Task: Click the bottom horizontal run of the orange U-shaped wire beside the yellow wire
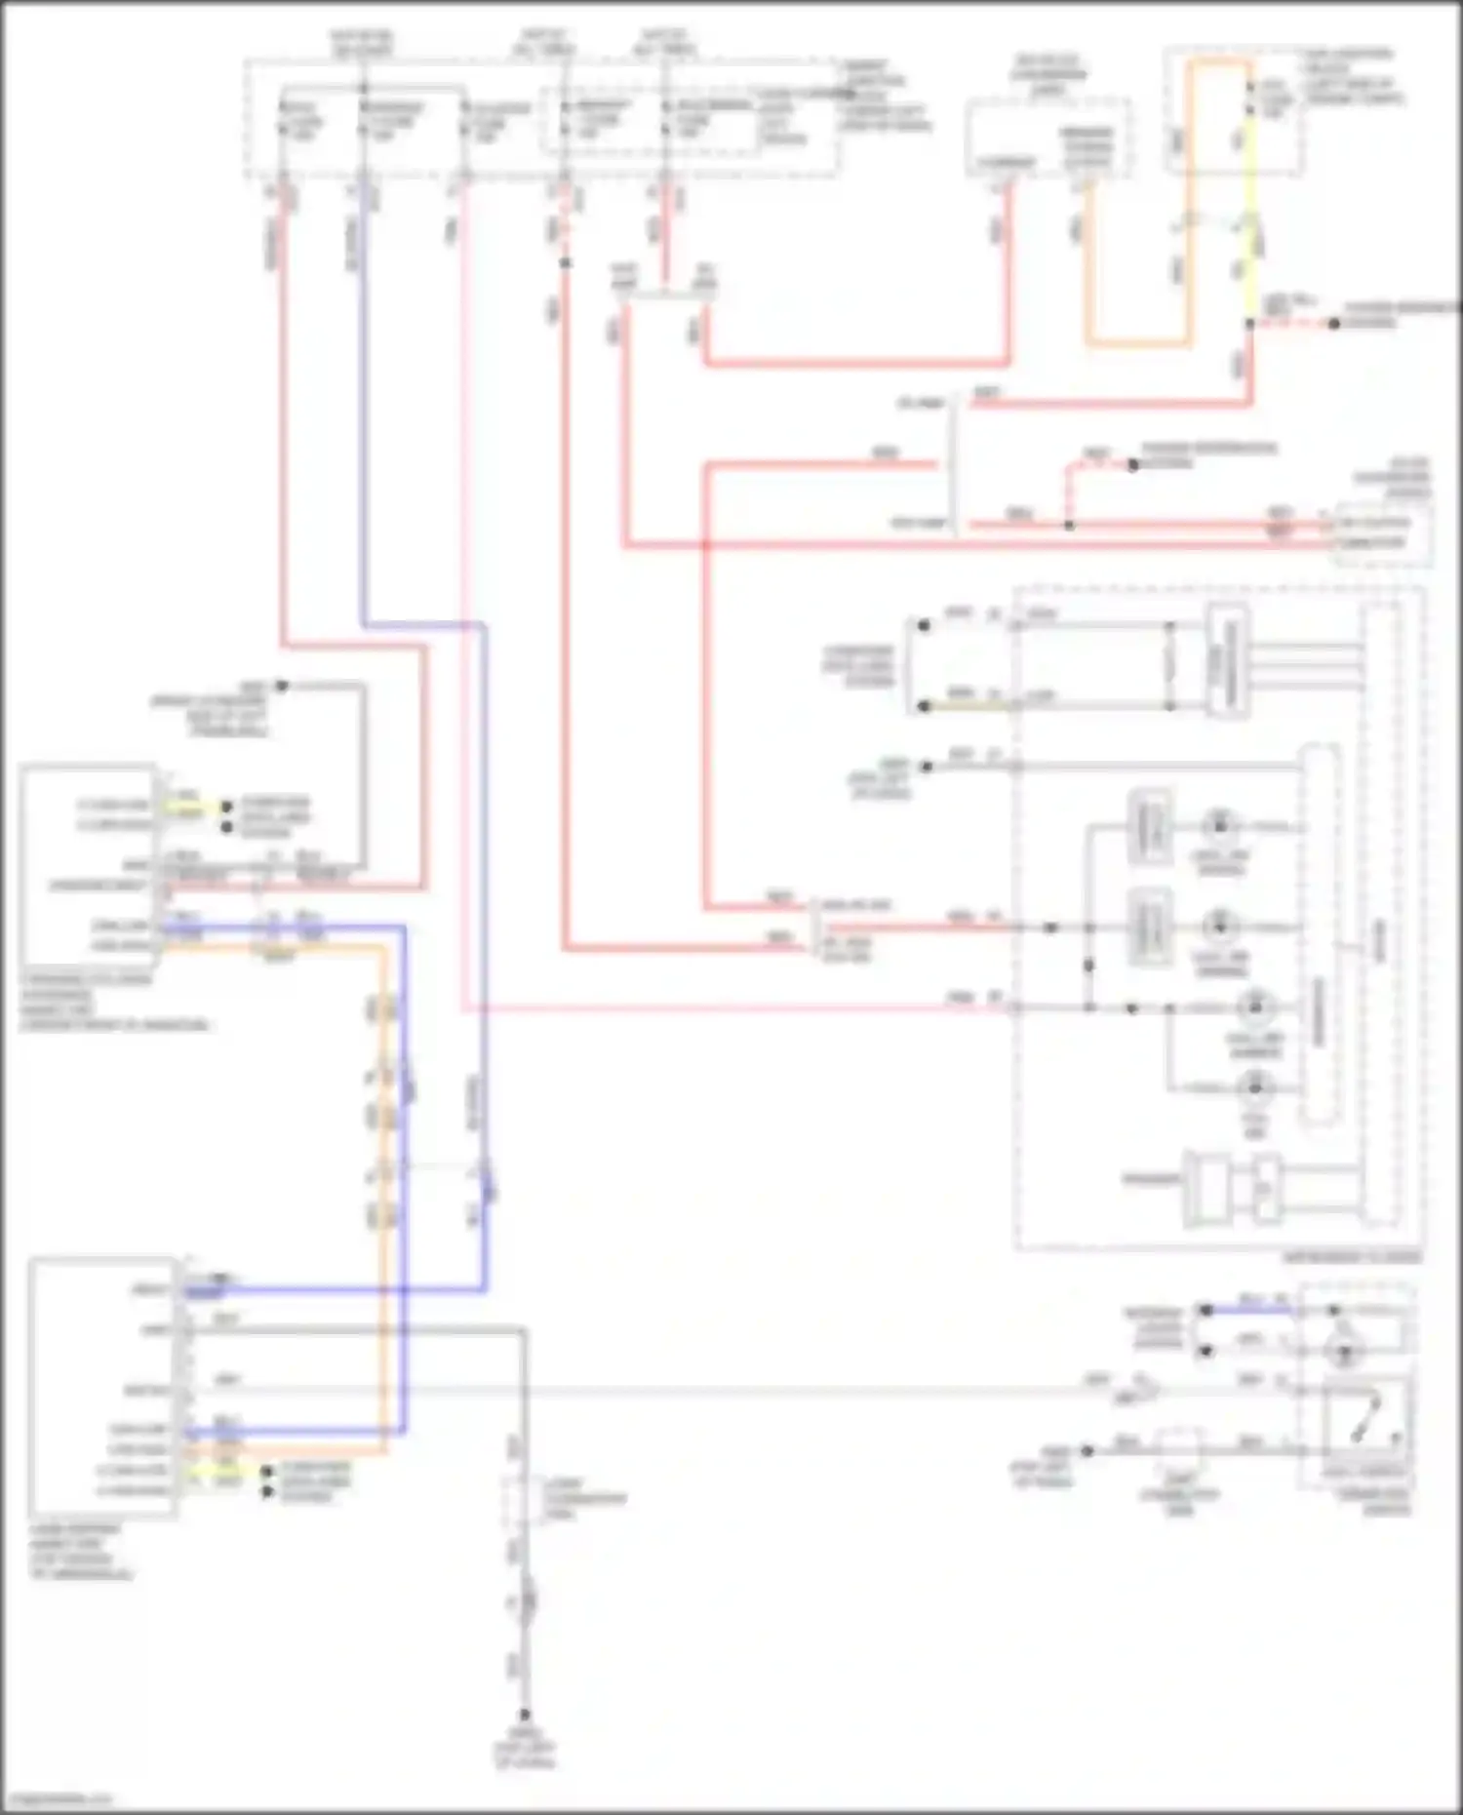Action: click(x=1137, y=343)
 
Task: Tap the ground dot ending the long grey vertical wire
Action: click(x=525, y=1714)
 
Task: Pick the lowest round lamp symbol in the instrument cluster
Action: click(x=1255, y=1085)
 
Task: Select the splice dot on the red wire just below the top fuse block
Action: click(x=565, y=262)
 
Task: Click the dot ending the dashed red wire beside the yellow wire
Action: click(x=1334, y=323)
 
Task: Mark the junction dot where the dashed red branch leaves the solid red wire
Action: click(x=1069, y=525)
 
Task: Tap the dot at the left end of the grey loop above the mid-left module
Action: click(x=281, y=686)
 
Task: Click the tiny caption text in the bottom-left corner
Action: click(x=59, y=1797)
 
